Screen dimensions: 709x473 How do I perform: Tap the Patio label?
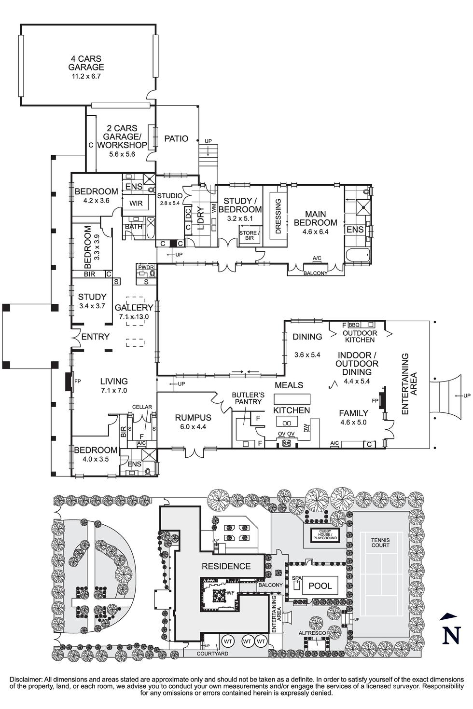[x=176, y=138]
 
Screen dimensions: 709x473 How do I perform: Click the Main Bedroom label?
[x=315, y=218]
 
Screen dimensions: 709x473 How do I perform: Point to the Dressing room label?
[x=278, y=216]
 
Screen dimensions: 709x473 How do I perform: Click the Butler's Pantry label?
[x=248, y=397]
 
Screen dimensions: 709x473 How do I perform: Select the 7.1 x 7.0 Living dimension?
[x=114, y=391]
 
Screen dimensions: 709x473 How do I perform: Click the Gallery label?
[x=134, y=307]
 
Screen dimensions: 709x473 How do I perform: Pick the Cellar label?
[x=142, y=407]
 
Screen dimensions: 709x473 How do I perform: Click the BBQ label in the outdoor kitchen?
[x=354, y=325]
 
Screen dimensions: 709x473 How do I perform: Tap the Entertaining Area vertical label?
[x=405, y=384]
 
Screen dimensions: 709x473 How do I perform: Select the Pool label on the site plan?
[x=320, y=586]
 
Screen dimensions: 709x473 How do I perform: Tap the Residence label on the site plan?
[x=226, y=566]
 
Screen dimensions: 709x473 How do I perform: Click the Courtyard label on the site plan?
[x=212, y=654]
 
